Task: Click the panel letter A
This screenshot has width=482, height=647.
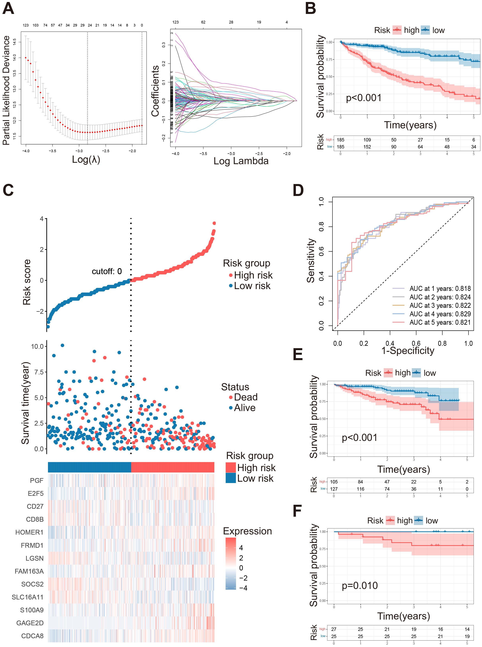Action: (8, 9)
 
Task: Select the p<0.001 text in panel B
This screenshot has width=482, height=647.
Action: (363, 98)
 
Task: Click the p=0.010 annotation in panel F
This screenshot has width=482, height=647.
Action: (360, 585)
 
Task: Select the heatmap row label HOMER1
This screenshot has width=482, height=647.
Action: (29, 532)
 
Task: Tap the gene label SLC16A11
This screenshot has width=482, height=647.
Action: (27, 597)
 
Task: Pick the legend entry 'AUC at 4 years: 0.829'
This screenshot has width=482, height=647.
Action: (440, 314)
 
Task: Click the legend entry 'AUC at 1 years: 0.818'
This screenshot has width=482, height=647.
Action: (440, 288)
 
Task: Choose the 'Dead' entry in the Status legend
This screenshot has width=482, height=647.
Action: (245, 397)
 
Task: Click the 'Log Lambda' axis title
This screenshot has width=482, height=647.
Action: (241, 161)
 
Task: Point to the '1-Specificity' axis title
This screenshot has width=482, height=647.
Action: (408, 350)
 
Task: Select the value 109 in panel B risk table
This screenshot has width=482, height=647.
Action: (367, 140)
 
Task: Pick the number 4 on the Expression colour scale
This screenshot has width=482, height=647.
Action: (241, 548)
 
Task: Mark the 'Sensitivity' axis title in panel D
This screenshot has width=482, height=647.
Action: (311, 260)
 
